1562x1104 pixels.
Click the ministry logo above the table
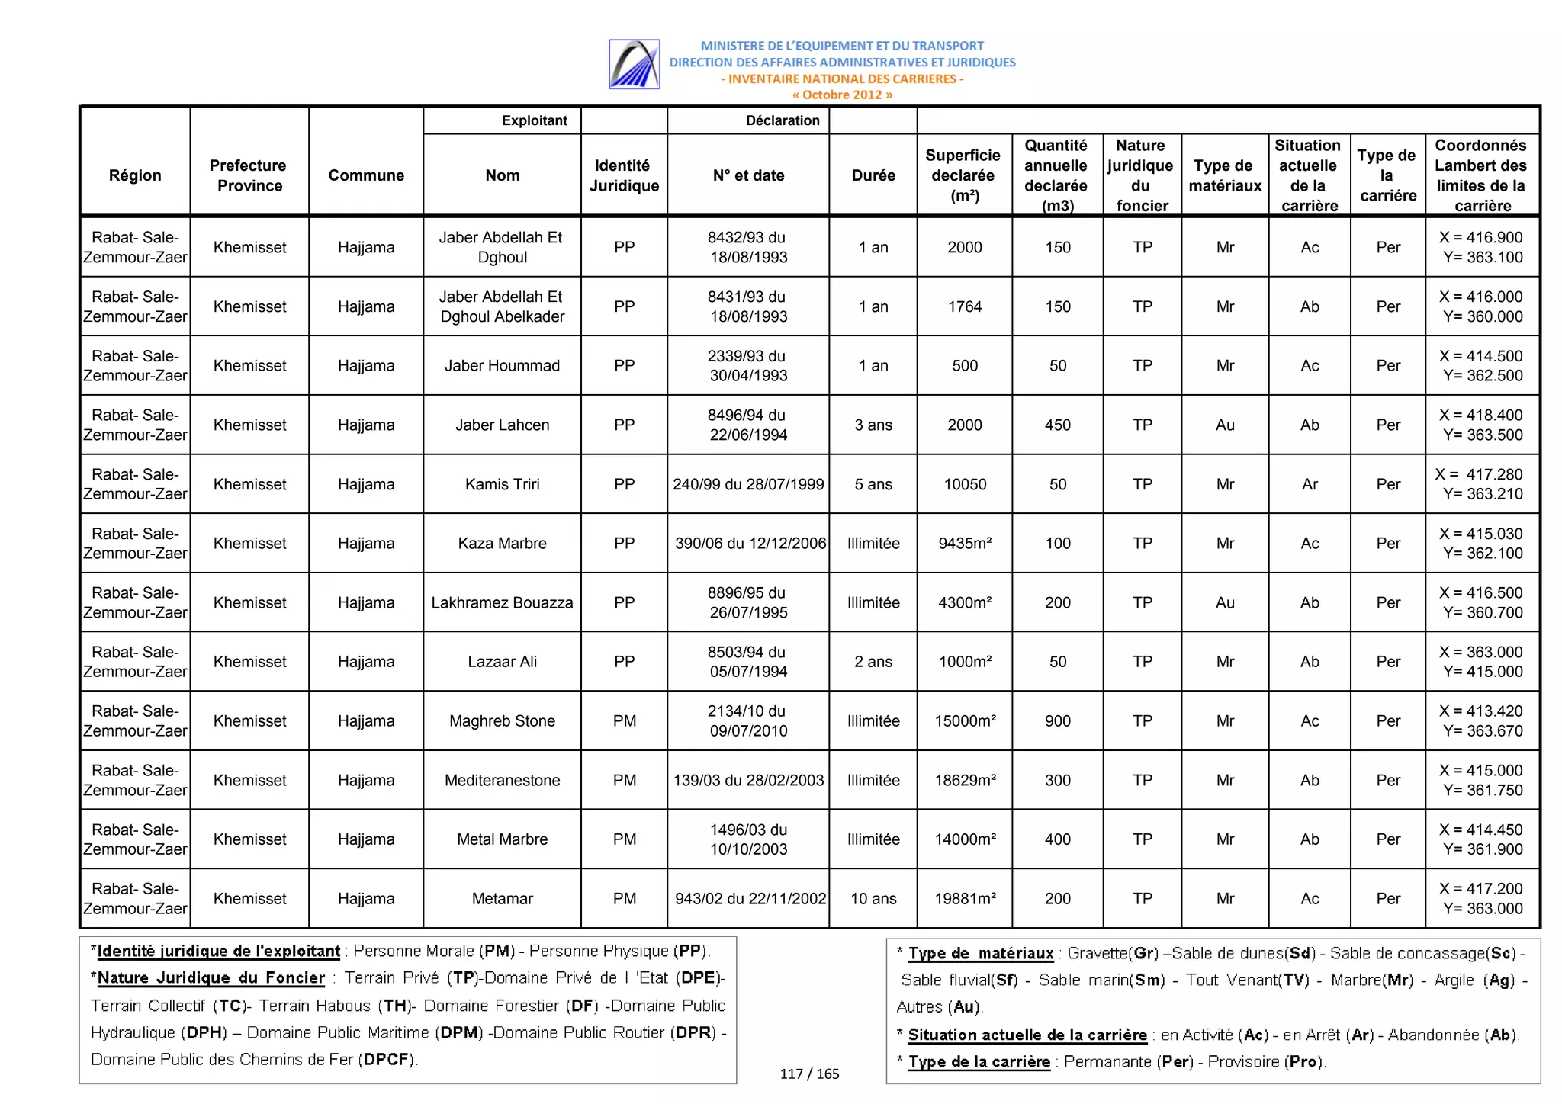pos(634,64)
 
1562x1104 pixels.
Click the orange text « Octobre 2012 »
pos(841,95)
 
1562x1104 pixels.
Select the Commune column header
pos(366,175)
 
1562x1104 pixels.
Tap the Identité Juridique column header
pos(623,175)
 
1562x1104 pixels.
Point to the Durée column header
pos(873,175)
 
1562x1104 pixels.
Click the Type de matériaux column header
pos(1224,175)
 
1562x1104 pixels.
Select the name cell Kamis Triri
pos(502,484)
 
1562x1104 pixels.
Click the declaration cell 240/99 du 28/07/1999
pos(747,484)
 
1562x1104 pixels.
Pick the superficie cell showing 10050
pos(964,484)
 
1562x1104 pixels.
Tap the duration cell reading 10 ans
pos(873,898)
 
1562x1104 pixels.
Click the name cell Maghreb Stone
pos(502,720)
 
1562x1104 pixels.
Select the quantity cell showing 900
pos(1057,720)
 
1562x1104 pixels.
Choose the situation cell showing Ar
pos(1309,484)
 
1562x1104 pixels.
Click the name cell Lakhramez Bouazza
pos(502,602)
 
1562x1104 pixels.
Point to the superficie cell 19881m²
pos(965,898)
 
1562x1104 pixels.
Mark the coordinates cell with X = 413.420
pos(1481,720)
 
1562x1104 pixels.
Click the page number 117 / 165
pos(809,1074)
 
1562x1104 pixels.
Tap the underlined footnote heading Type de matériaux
pos(980,953)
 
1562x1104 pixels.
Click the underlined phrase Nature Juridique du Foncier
pos(211,977)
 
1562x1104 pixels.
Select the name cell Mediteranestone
pos(502,780)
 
